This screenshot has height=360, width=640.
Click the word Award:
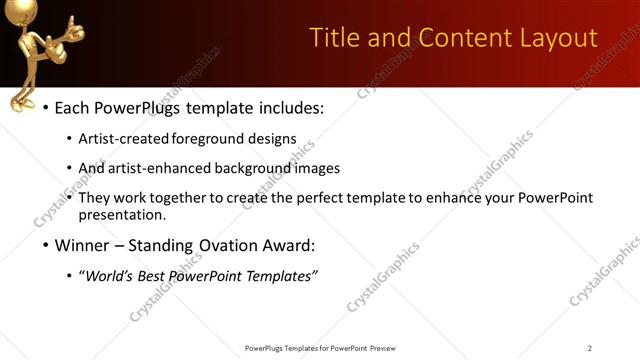(x=289, y=246)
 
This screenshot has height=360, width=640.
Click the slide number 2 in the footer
(x=589, y=348)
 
